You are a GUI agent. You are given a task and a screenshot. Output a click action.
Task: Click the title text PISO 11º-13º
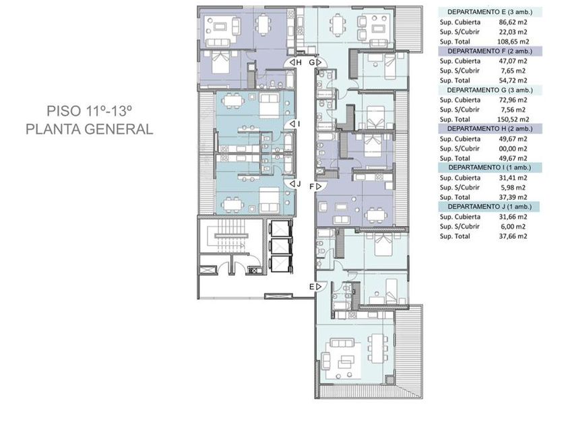tap(88, 110)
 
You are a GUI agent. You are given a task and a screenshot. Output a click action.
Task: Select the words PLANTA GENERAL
tap(90, 129)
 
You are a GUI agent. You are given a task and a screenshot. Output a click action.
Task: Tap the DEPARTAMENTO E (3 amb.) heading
tap(490, 12)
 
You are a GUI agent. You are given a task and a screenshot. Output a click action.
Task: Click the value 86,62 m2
tap(513, 22)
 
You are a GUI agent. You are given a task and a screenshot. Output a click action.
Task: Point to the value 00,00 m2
tap(513, 149)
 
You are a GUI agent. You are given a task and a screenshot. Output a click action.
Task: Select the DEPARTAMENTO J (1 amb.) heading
tap(490, 207)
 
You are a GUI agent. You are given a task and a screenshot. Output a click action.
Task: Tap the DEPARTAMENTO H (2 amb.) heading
tap(490, 129)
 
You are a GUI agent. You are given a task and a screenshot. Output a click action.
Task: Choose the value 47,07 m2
tap(513, 61)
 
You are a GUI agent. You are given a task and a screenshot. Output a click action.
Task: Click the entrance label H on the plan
tap(299, 63)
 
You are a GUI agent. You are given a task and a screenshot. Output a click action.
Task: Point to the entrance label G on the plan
tap(312, 63)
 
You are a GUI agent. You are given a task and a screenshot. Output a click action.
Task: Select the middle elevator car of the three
tap(280, 246)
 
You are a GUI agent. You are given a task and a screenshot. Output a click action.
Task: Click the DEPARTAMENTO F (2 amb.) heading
tap(490, 51)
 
